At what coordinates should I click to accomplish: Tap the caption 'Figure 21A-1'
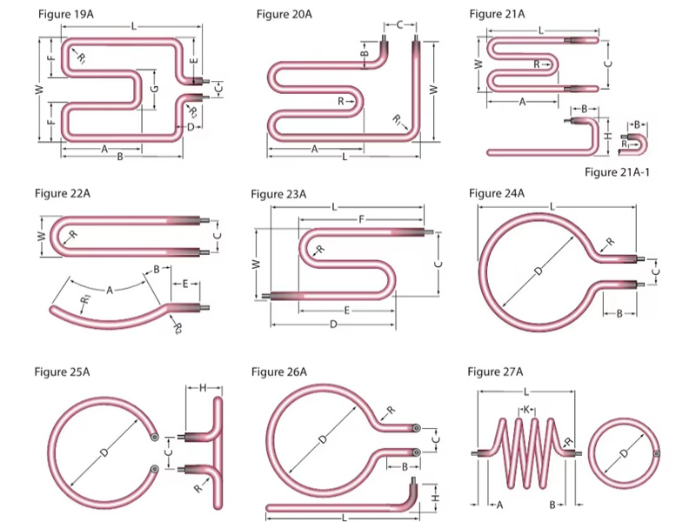pyautogui.click(x=618, y=171)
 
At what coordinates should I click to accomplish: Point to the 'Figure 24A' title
pyautogui.click(x=497, y=192)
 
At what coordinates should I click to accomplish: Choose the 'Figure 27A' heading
pyautogui.click(x=495, y=372)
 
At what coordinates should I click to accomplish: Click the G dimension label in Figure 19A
pyautogui.click(x=154, y=90)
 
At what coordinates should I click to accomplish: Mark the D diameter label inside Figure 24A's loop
pyautogui.click(x=539, y=271)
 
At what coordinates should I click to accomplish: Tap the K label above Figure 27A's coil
pyautogui.click(x=527, y=409)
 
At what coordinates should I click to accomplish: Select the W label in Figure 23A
pyautogui.click(x=256, y=264)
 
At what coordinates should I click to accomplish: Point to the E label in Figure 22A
pyautogui.click(x=185, y=284)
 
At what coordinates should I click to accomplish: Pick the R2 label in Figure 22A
pyautogui.click(x=176, y=328)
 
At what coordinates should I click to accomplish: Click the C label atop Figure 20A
pyautogui.click(x=399, y=24)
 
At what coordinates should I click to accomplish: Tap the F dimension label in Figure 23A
pyautogui.click(x=360, y=220)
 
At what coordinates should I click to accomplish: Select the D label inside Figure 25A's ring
pyautogui.click(x=104, y=452)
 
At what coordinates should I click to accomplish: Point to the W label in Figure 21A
pyautogui.click(x=478, y=64)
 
